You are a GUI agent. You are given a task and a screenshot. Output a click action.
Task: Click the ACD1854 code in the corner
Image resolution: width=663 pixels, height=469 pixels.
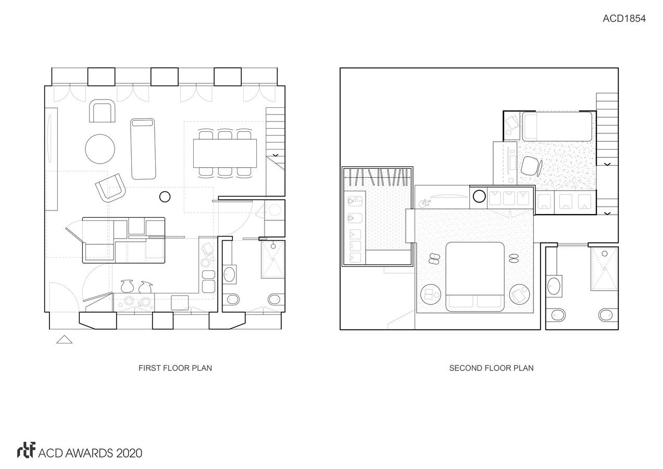(x=624, y=19)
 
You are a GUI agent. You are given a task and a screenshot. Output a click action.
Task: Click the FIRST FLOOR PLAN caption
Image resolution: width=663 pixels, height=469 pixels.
(x=175, y=368)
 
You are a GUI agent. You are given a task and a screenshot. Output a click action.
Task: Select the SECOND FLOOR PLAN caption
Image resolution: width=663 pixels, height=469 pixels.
(x=491, y=368)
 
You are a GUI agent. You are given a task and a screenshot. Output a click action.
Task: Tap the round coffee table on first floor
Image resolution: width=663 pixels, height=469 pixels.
(x=100, y=149)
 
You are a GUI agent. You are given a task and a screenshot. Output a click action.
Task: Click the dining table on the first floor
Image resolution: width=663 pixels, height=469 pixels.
(x=225, y=153)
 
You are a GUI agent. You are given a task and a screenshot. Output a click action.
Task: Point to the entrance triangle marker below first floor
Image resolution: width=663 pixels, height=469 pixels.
(x=64, y=340)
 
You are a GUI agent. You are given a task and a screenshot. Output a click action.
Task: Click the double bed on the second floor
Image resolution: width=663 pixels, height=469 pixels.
(x=475, y=277)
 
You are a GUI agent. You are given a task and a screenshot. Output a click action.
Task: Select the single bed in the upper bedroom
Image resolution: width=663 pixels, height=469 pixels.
(x=557, y=127)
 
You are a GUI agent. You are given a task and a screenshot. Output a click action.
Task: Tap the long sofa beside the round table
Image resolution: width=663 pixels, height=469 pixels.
(x=143, y=149)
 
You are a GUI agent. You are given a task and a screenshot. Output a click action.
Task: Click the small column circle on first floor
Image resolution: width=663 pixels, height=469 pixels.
(x=165, y=196)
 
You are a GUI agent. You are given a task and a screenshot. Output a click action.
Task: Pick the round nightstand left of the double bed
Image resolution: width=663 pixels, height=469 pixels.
(x=431, y=294)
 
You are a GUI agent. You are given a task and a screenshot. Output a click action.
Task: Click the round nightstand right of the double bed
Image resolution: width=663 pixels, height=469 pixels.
(x=519, y=294)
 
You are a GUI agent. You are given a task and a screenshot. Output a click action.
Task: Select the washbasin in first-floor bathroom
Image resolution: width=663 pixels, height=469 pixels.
(x=229, y=275)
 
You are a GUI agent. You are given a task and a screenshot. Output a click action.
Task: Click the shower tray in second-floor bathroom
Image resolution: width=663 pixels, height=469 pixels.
(x=604, y=268)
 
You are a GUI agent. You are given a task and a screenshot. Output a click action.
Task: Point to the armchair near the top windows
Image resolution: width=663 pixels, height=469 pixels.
(x=102, y=110)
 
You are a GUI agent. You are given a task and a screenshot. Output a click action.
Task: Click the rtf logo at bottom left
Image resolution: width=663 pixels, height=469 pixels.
(x=26, y=450)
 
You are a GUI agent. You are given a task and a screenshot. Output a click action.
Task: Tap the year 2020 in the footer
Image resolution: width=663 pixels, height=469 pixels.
(x=129, y=453)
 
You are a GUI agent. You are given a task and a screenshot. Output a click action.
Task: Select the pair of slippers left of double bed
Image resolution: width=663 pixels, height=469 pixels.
(x=434, y=258)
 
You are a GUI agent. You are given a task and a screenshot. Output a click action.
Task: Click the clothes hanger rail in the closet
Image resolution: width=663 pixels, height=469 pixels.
(x=377, y=177)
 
